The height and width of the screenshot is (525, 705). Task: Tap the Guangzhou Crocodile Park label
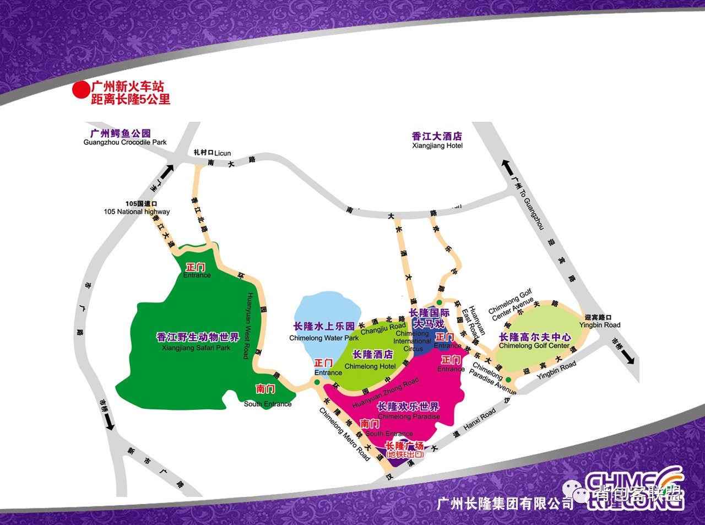(x=124, y=142)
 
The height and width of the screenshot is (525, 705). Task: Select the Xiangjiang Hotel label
(x=437, y=145)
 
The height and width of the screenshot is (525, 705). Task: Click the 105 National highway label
(x=137, y=212)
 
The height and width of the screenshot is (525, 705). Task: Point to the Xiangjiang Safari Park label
(x=197, y=348)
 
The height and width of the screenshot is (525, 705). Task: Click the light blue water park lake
(x=325, y=314)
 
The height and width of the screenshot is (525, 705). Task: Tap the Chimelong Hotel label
(x=370, y=366)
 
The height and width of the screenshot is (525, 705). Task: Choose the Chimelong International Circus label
(x=413, y=341)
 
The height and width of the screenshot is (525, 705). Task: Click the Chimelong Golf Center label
(x=534, y=346)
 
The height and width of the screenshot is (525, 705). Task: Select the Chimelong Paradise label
(x=409, y=416)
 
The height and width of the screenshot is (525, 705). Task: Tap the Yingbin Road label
(x=557, y=367)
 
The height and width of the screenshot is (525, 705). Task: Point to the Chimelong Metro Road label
(x=344, y=434)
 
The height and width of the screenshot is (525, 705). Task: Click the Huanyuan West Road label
(x=248, y=325)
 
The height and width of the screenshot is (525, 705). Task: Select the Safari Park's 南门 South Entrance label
(x=267, y=396)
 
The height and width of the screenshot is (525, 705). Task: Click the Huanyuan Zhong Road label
(x=386, y=392)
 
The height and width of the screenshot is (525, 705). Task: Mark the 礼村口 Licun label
(x=212, y=153)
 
